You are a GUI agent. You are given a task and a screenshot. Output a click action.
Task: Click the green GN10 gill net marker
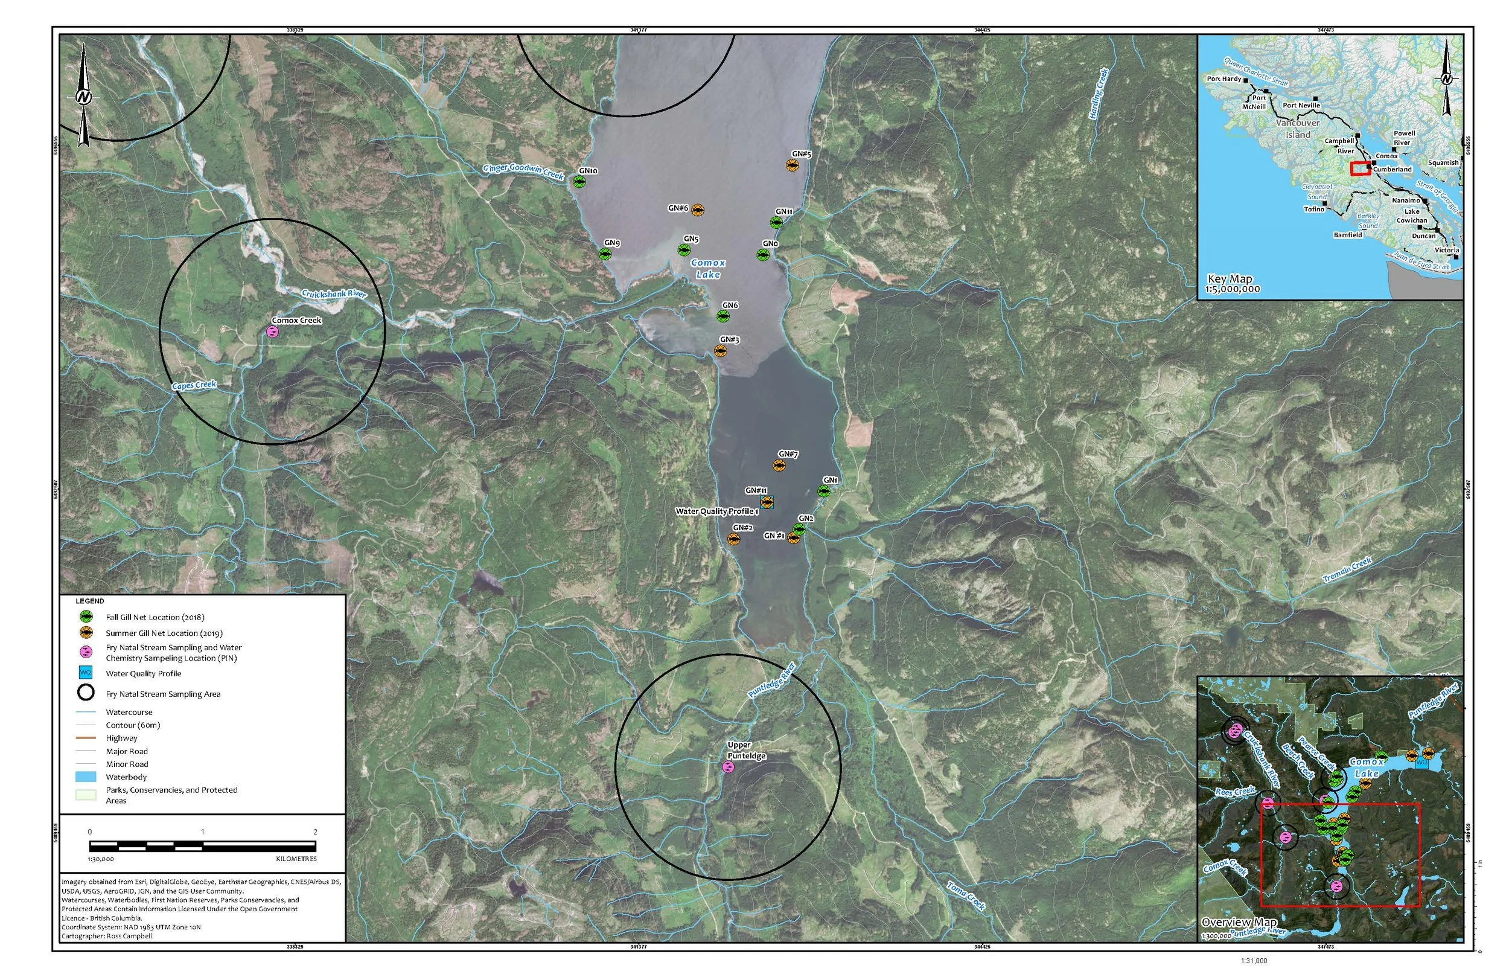point(579,181)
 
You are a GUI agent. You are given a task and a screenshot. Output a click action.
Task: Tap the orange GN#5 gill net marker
point(792,165)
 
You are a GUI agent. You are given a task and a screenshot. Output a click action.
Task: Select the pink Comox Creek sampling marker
point(272,332)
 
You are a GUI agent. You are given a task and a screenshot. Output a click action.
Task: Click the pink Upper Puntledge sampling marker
point(729,767)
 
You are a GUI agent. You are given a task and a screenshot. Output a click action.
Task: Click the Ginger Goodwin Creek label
point(523,171)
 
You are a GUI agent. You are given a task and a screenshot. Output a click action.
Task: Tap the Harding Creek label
point(1099,94)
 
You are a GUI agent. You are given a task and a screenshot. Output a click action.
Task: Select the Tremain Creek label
point(1347,569)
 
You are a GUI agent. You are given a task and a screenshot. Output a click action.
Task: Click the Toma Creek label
point(966,895)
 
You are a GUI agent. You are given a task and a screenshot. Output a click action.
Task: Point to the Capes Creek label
point(194,385)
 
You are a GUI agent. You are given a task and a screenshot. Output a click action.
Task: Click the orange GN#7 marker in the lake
point(779,466)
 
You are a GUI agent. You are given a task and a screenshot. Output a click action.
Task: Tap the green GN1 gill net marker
point(823,491)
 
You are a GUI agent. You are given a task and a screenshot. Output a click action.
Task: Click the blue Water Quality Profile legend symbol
point(86,673)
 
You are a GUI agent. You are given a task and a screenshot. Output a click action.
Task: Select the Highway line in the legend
point(86,738)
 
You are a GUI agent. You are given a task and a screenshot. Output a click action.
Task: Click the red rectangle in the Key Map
point(1359,168)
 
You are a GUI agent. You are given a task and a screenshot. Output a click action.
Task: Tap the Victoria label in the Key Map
point(1446,250)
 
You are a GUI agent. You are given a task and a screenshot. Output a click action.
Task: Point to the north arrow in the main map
point(84,97)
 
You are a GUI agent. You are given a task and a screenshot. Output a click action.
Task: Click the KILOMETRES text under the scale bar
point(296,859)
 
